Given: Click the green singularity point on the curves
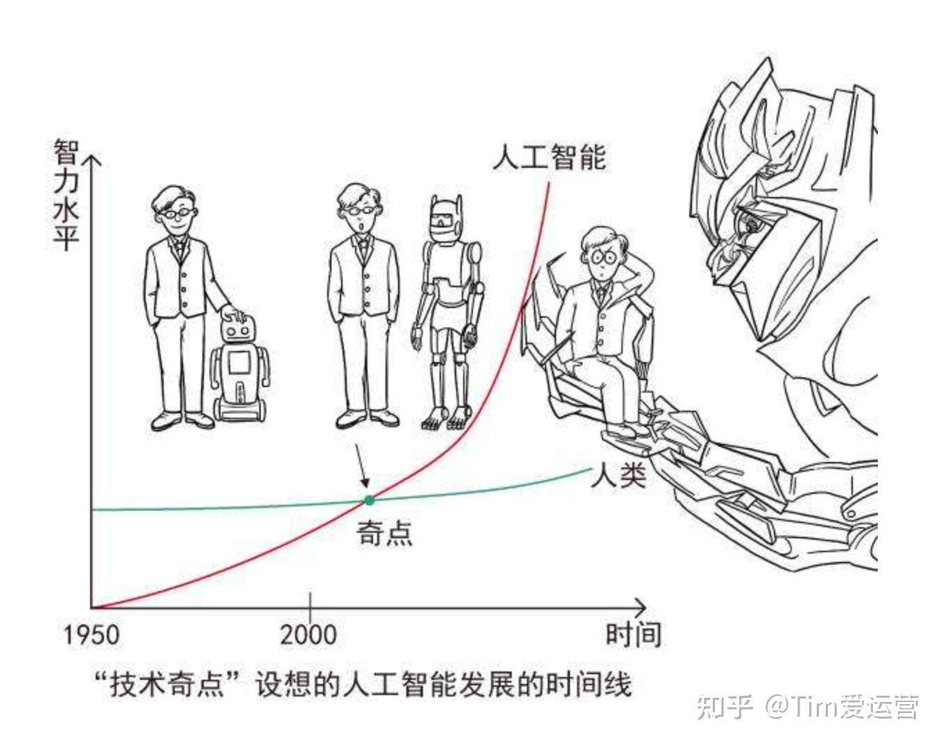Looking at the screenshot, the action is click(369, 500).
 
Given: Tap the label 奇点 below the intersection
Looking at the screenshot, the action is click(385, 533).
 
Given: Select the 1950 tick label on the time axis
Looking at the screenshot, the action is click(91, 635).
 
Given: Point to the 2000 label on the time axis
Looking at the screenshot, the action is click(309, 635).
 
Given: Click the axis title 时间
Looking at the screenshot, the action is click(633, 635).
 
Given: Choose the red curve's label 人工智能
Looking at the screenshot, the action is click(549, 157).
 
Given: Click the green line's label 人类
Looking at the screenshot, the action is click(618, 476).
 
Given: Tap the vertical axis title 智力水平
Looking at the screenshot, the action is click(67, 194).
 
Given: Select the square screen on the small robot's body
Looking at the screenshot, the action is click(240, 363).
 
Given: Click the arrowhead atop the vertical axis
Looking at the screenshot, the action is click(92, 162).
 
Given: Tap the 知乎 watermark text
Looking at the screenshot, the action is click(725, 707).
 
